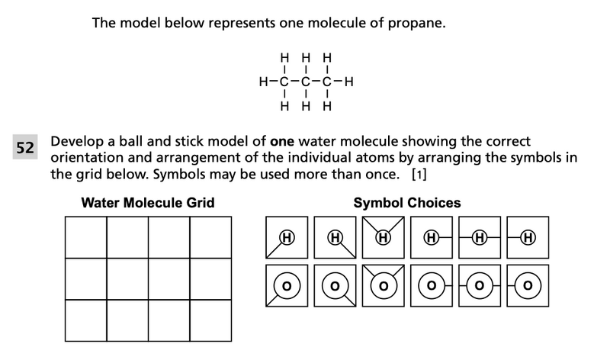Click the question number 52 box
(25, 148)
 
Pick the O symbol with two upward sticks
(384, 285)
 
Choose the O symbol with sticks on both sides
(480, 285)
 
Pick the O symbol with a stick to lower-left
(287, 285)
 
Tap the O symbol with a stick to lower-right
(335, 285)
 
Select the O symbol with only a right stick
(432, 285)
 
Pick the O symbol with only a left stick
(528, 285)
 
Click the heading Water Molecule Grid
(148, 203)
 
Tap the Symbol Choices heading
(407, 203)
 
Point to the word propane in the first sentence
(418, 24)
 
